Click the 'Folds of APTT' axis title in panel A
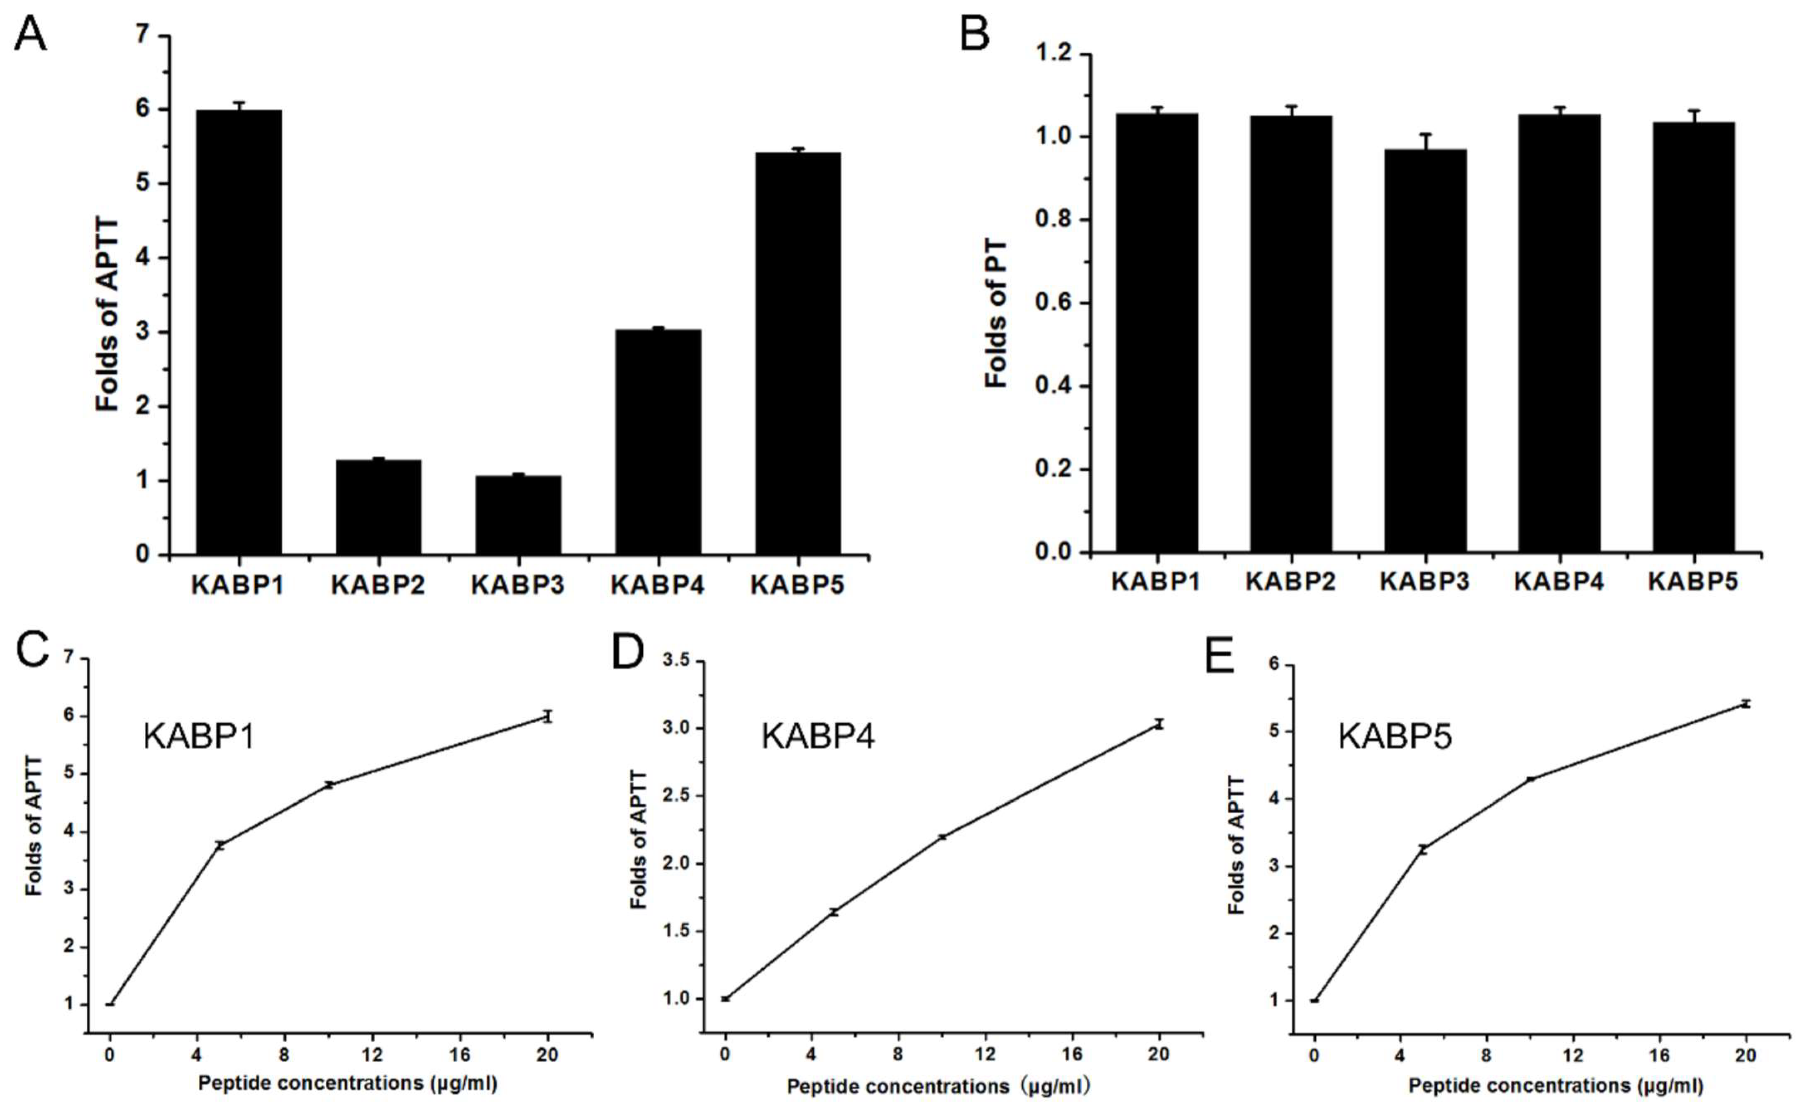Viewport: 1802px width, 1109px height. (108, 315)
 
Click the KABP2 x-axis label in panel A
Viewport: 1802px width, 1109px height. (378, 585)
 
